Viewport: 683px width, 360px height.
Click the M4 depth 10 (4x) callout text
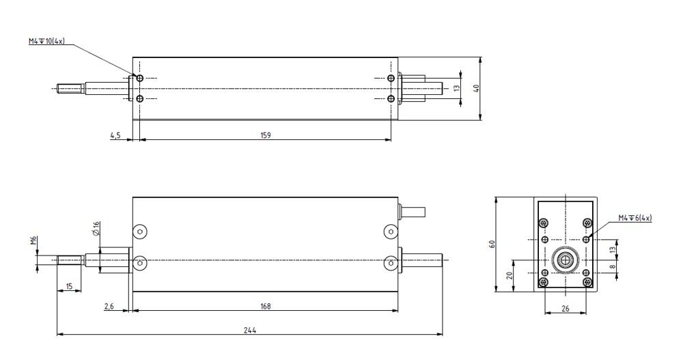46,42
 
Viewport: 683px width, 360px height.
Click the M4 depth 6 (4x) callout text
635,218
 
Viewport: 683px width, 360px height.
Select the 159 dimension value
265,135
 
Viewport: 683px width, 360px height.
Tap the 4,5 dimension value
115,135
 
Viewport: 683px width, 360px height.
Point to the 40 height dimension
476,88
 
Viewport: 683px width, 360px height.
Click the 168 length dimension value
265,306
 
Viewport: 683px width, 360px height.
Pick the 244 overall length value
250,330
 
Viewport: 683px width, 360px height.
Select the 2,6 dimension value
109,307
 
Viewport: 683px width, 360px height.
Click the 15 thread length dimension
69,286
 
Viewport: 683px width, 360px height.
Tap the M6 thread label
34,240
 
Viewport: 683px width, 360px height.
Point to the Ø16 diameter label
96,228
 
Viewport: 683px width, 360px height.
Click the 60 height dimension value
492,244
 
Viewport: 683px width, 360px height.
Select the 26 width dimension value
565,309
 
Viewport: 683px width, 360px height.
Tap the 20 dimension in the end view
510,275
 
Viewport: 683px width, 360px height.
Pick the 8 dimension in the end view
613,266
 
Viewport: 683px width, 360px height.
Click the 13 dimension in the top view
456,88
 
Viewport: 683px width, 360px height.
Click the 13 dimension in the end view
613,250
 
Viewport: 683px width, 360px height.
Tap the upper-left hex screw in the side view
139,232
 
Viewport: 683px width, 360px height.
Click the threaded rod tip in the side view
58,260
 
